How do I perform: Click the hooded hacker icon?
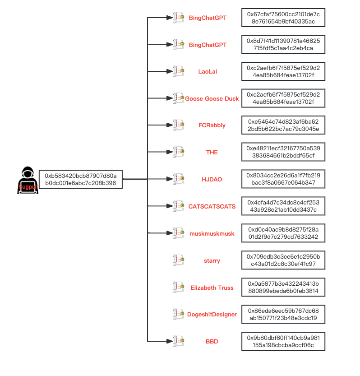pyautogui.click(x=28, y=180)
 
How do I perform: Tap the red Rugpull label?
pyautogui.click(x=28, y=187)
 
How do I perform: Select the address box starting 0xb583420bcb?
pyautogui.click(x=81, y=179)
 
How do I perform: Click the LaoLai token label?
pyautogui.click(x=208, y=71)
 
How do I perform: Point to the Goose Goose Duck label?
pyautogui.click(x=212, y=98)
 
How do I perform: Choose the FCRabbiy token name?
pyautogui.click(x=212, y=125)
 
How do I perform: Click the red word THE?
pyautogui.click(x=212, y=152)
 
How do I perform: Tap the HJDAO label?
pyautogui.click(x=212, y=179)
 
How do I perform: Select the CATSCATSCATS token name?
pyautogui.click(x=212, y=206)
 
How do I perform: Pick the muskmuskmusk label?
pyautogui.click(x=212, y=233)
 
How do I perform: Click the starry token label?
pyautogui.click(x=212, y=260)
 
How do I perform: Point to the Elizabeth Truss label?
pyautogui.click(x=212, y=288)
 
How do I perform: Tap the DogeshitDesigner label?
pyautogui.click(x=212, y=314)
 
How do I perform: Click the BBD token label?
pyautogui.click(x=212, y=341)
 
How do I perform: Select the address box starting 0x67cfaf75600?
pyautogui.click(x=283, y=18)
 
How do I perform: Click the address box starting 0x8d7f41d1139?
pyautogui.click(x=283, y=45)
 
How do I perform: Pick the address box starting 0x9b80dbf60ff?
pyautogui.click(x=283, y=341)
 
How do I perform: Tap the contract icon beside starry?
pyautogui.click(x=178, y=260)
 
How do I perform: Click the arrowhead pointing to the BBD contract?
pyautogui.click(x=170, y=341)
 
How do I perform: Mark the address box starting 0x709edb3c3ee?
pyautogui.click(x=283, y=260)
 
